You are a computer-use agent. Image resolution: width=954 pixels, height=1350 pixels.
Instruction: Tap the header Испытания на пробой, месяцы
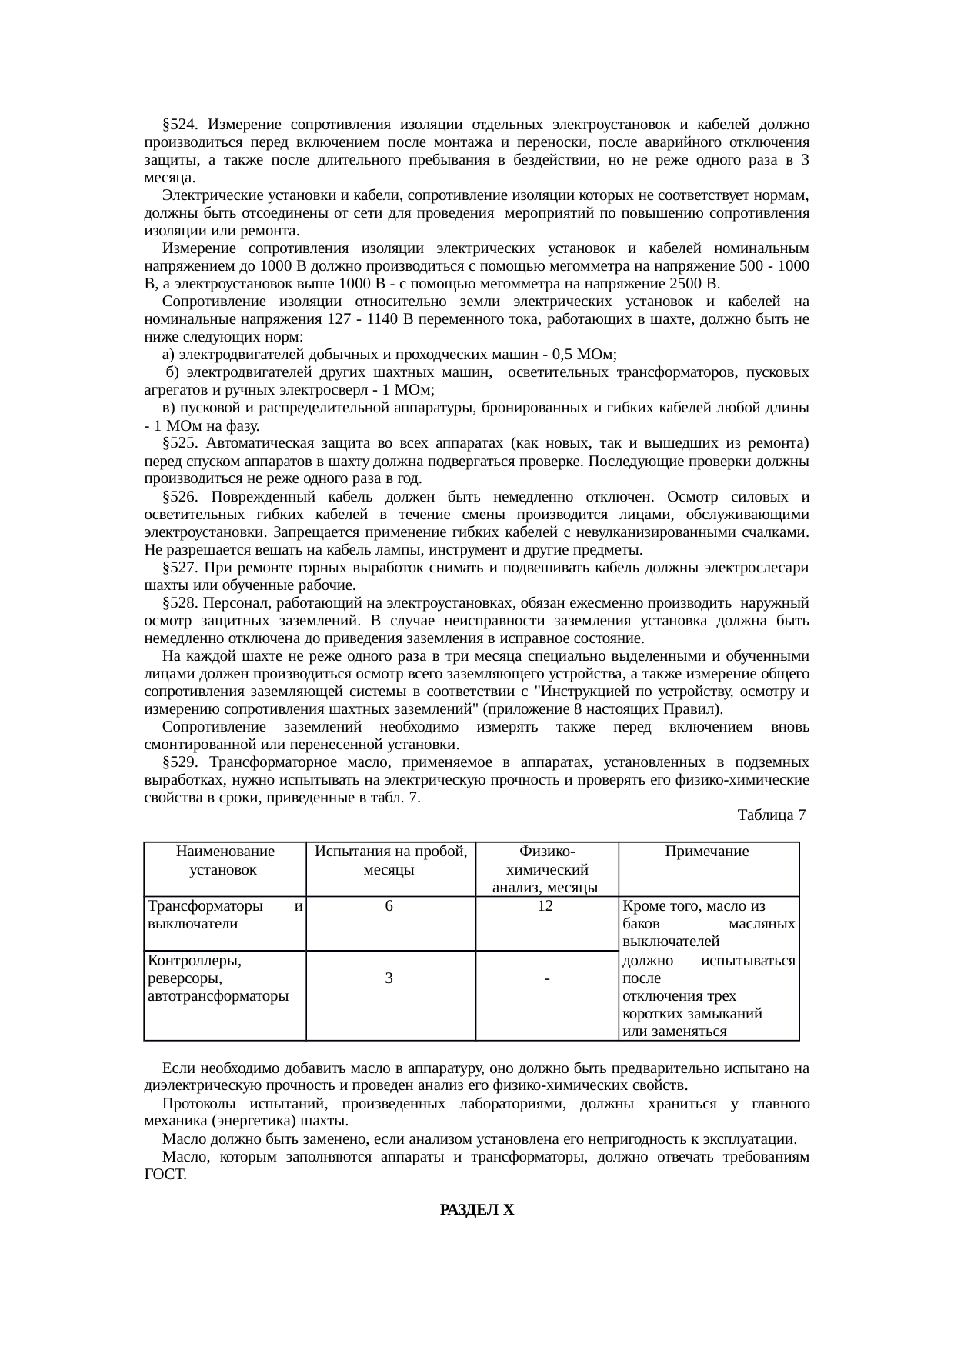(390, 861)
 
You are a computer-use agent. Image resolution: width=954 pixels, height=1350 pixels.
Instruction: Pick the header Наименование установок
(225, 861)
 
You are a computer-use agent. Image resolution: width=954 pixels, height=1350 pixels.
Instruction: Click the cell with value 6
(390, 906)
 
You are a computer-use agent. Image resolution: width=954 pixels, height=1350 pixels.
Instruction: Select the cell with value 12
(545, 906)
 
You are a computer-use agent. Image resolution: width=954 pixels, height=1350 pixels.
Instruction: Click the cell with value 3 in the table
(390, 978)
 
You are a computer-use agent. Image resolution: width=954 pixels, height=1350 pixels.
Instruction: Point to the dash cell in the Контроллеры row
(545, 979)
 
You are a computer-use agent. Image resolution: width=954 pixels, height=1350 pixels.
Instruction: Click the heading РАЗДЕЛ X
(477, 1210)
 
